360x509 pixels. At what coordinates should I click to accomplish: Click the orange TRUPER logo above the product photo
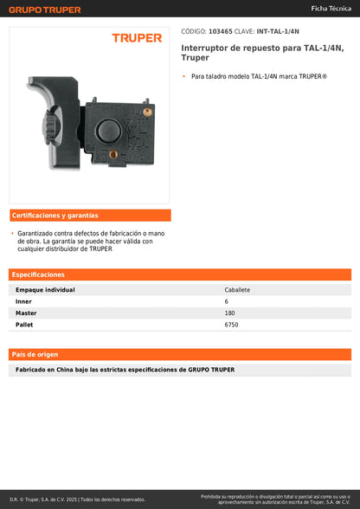pyautogui.click(x=137, y=38)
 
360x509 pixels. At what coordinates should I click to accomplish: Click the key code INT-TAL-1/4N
pyautogui.click(x=279, y=30)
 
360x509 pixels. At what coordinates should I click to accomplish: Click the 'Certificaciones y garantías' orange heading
pyautogui.click(x=55, y=215)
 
